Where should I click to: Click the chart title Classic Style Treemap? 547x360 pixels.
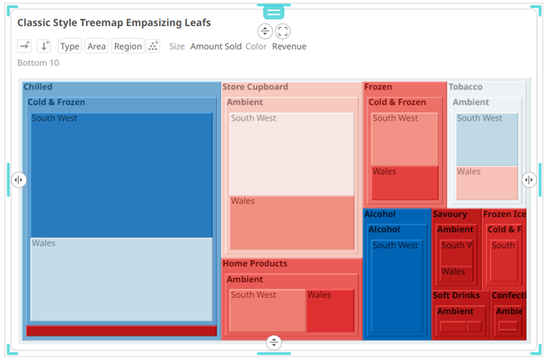click(114, 22)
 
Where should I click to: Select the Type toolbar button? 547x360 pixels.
click(70, 46)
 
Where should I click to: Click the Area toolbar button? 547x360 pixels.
click(96, 46)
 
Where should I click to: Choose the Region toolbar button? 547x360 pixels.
click(128, 46)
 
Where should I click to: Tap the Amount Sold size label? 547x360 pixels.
click(216, 46)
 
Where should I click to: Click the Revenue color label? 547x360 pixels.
click(289, 46)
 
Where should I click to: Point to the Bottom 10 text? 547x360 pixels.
click(38, 63)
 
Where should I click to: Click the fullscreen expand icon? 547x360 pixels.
click(282, 31)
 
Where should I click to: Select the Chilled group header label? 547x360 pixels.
click(38, 87)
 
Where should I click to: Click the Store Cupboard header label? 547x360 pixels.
click(255, 87)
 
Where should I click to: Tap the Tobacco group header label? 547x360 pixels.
click(466, 87)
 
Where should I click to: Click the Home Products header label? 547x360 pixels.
click(255, 264)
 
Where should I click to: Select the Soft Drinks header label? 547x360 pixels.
click(457, 296)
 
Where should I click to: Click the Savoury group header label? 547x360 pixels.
click(450, 214)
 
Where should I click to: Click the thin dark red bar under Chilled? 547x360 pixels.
click(121, 331)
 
